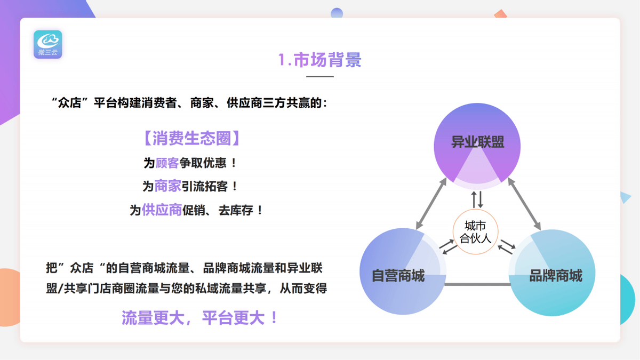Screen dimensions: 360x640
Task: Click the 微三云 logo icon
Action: pos(48,44)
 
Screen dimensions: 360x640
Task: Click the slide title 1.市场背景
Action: pos(320,60)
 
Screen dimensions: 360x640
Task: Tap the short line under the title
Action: pos(320,77)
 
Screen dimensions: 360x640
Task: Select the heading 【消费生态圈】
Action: pos(192,139)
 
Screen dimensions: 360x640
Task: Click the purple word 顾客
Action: pos(167,163)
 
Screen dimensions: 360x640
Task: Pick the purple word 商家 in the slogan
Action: pos(167,186)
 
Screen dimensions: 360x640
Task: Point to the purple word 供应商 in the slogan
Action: pos(162,210)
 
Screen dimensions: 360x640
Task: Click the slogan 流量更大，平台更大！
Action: pos(201,318)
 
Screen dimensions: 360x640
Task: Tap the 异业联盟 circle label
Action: pos(477,142)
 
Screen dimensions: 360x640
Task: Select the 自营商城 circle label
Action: pos(398,276)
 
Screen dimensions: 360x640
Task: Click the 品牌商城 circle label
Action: pos(555,276)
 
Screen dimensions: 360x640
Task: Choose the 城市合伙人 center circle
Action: pos(475,232)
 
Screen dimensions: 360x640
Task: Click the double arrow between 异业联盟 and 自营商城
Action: pos(431,204)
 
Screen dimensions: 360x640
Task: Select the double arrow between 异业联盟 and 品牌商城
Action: pos(524,204)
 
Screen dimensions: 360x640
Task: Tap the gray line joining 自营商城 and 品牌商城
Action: pos(477,284)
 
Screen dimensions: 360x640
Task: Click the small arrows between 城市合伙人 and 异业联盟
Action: pos(477,199)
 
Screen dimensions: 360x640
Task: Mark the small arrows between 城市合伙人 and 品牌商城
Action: pos(507,245)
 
